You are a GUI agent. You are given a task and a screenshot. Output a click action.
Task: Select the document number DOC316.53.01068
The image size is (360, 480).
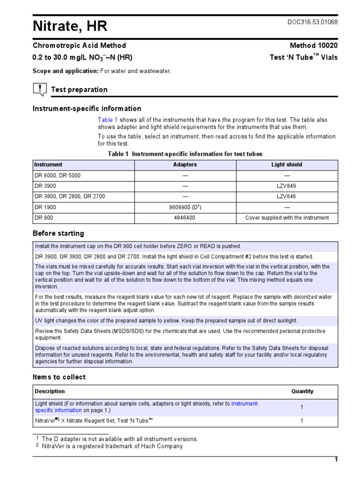pyautogui.click(x=312, y=22)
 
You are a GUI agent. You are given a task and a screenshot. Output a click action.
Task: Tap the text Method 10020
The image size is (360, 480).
pyautogui.click(x=314, y=45)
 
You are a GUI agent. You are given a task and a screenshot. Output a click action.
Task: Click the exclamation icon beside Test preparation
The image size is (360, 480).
pyautogui.click(x=40, y=89)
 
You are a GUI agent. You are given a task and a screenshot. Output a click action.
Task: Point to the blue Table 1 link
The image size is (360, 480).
pyautogui.click(x=108, y=120)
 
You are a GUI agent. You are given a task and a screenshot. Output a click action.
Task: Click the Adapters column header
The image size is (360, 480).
pyautogui.click(x=185, y=165)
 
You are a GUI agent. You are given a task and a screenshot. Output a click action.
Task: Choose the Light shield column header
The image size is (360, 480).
pyautogui.click(x=287, y=165)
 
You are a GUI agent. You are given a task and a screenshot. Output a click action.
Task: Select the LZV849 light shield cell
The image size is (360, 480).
pyautogui.click(x=287, y=186)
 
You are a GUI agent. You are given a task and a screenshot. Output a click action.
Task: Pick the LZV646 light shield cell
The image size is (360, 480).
pyautogui.click(x=287, y=197)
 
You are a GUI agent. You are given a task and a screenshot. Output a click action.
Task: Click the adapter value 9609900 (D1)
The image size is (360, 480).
pyautogui.click(x=185, y=207)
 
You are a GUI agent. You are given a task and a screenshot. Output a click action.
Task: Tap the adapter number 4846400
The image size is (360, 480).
pyautogui.click(x=185, y=218)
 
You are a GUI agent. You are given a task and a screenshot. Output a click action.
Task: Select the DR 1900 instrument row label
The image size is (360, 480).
pyautogui.click(x=44, y=207)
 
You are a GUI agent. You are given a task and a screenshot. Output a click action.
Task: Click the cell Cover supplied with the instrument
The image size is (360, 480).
pyautogui.click(x=287, y=218)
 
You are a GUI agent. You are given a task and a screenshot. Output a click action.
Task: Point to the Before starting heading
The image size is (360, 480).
pyautogui.click(x=58, y=233)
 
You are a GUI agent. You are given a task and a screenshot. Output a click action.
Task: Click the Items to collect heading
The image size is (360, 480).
pyautogui.click(x=59, y=377)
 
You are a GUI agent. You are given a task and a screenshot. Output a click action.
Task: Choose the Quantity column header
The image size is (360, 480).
pyautogui.click(x=302, y=391)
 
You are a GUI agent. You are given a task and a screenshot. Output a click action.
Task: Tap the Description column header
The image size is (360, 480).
pyautogui.click(x=50, y=391)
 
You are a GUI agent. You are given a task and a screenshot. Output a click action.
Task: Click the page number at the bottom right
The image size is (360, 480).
pyautogui.click(x=336, y=460)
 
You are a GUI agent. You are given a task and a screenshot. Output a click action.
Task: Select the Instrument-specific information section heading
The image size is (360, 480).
pyautogui.click(x=87, y=109)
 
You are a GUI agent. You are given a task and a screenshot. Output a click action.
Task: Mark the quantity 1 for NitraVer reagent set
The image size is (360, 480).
pyautogui.click(x=302, y=421)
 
